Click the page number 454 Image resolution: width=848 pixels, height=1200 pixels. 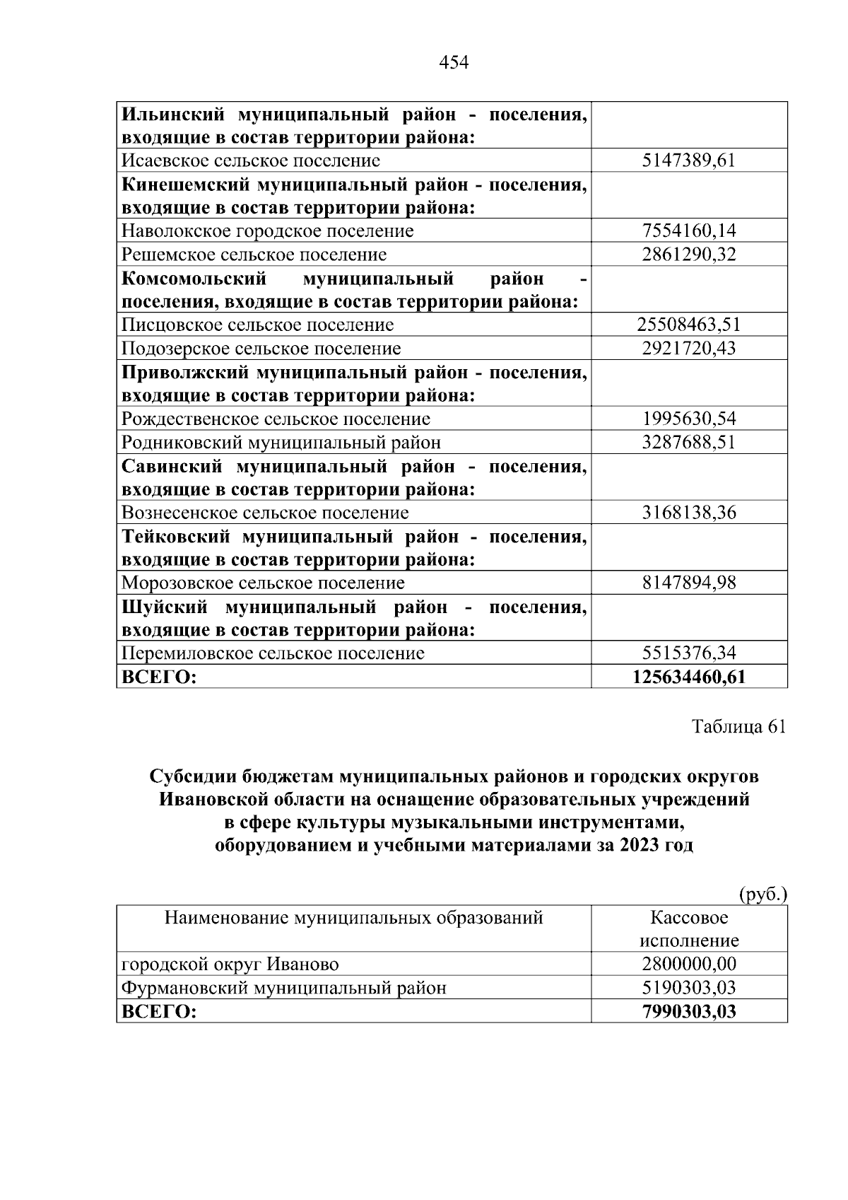454,63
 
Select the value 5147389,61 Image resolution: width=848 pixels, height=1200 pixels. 688,161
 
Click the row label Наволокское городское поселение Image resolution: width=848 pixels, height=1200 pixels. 267,231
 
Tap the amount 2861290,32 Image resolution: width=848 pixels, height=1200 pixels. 688,255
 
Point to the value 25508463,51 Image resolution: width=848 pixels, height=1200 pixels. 688,325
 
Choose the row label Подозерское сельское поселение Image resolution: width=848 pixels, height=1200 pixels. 261,349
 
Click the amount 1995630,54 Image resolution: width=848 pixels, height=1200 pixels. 688,419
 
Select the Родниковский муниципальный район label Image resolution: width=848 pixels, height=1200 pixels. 281,443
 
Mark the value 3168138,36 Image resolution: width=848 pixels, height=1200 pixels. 688,513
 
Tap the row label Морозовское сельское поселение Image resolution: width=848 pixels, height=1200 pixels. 263,583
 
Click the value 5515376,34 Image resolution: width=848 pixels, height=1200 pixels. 688,653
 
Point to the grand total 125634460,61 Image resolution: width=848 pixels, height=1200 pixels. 688,677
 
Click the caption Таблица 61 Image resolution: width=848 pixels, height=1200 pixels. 738,728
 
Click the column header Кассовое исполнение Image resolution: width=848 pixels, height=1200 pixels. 688,929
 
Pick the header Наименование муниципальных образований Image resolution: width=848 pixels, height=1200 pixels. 353,919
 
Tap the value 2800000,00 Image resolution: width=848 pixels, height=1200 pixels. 688,965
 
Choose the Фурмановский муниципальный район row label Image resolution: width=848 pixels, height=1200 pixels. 283,988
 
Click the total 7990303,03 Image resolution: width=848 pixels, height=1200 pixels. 688,1012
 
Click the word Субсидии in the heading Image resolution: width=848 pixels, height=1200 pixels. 192,777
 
